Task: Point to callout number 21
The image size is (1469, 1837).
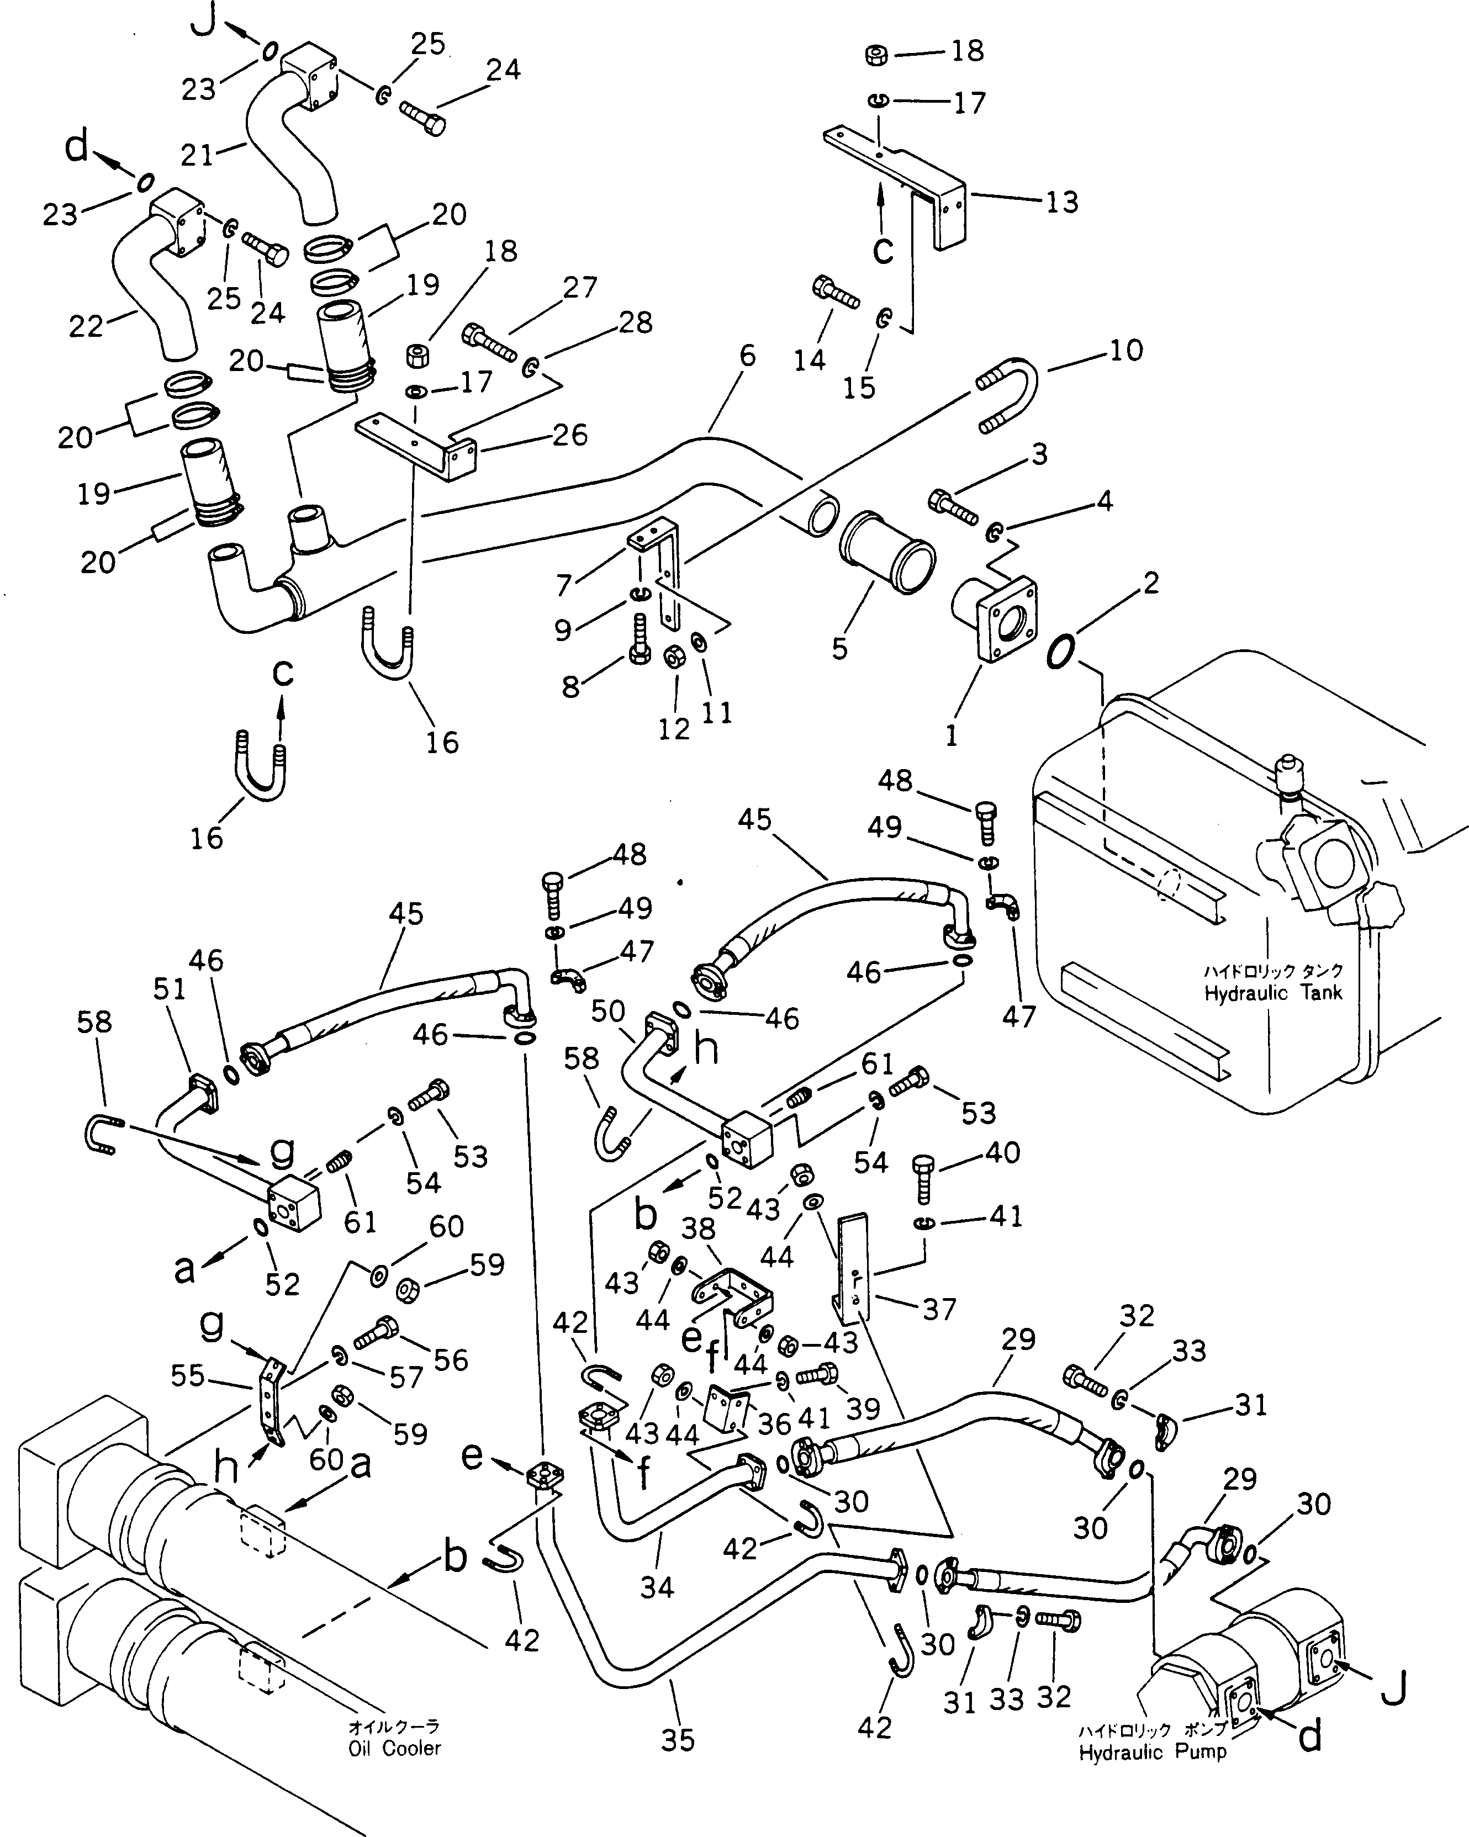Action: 196,155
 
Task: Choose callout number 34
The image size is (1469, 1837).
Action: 657,1586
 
